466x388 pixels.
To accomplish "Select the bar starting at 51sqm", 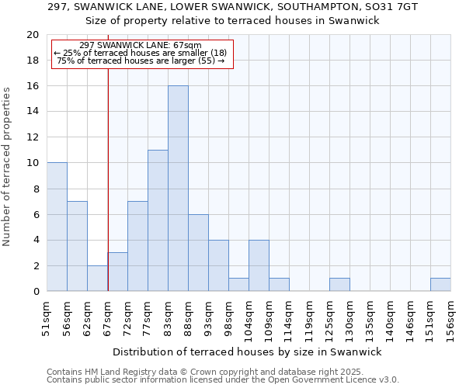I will [x=57, y=227].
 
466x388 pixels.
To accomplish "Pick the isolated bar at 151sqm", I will [x=440, y=285].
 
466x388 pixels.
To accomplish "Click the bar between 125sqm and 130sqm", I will [x=339, y=285].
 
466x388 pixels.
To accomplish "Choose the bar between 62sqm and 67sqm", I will [x=97, y=279].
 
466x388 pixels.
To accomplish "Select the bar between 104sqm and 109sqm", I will [x=259, y=265].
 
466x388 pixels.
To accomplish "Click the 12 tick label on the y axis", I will [x=33, y=137].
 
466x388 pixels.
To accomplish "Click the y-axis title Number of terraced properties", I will [x=8, y=166].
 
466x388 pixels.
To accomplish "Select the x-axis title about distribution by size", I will [x=248, y=352].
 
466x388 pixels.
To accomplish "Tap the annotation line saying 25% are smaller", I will [x=140, y=53].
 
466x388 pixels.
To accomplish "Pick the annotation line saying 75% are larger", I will [x=141, y=61].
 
